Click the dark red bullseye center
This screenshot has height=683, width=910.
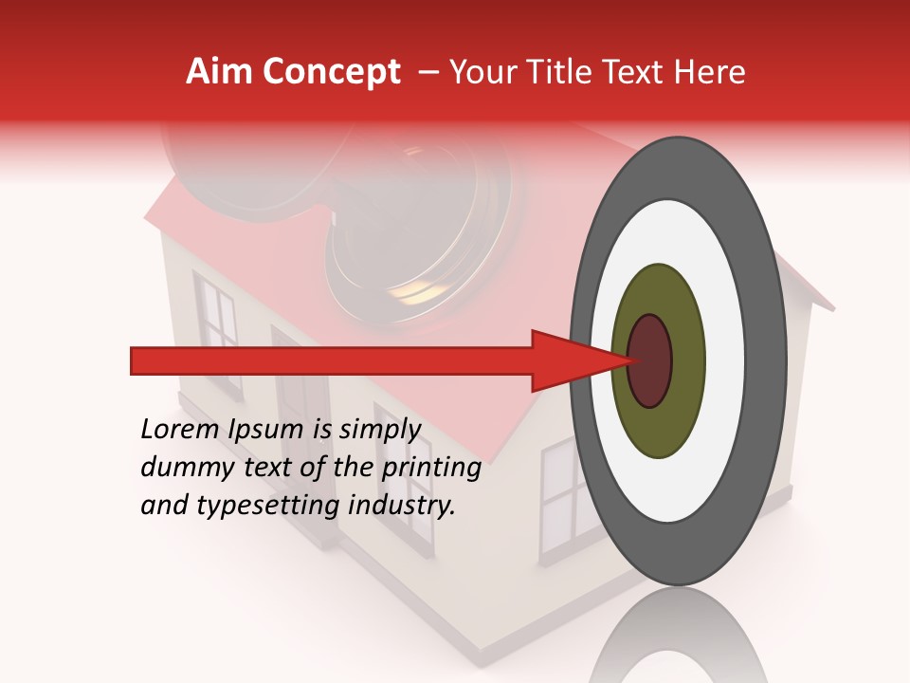point(650,360)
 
